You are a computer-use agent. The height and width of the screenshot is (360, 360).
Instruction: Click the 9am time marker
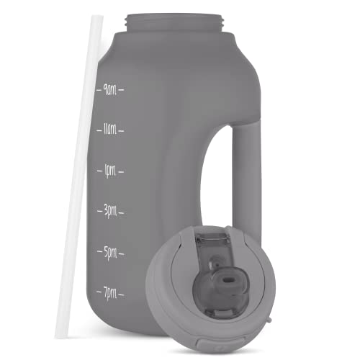[x=110, y=90]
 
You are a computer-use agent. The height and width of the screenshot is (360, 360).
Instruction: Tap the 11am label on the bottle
[x=110, y=130]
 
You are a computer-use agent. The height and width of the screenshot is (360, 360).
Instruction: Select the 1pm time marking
[x=110, y=171]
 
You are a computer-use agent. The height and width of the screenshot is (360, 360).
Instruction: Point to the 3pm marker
[x=110, y=212]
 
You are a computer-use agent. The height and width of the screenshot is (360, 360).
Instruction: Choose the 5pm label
[x=110, y=253]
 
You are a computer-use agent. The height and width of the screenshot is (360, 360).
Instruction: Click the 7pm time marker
[x=110, y=294]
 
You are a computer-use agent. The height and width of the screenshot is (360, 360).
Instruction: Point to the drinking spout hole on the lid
[x=222, y=277]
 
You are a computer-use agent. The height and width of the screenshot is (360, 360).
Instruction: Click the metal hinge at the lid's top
[x=215, y=237]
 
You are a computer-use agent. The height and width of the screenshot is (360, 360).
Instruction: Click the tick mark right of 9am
[x=122, y=90]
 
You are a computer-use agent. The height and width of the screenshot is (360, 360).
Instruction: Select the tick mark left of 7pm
[x=99, y=294]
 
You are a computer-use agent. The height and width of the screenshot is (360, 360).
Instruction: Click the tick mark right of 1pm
[x=122, y=171]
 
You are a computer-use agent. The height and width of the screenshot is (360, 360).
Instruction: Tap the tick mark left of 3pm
[x=99, y=212]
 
